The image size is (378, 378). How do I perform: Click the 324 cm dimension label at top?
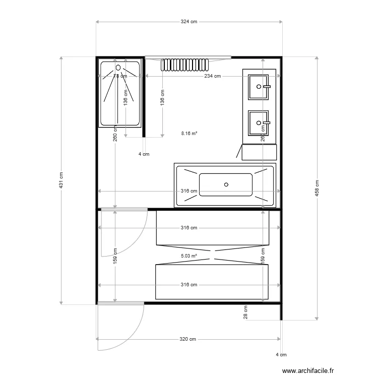point(189,22)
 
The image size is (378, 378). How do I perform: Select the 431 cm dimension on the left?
point(61,181)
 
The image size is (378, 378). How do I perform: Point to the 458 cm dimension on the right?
point(317,188)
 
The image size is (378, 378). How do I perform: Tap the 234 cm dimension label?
point(212,76)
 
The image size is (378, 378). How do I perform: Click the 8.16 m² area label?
point(189,134)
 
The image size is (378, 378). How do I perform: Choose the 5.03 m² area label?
point(188,256)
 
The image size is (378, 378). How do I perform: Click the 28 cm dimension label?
point(246,312)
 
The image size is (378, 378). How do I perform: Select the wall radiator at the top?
point(184,65)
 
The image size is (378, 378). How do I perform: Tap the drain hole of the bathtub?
point(226,184)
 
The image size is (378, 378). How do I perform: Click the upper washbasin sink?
point(259,86)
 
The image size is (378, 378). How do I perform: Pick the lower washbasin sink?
point(259,122)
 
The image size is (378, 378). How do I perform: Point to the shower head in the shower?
point(118,67)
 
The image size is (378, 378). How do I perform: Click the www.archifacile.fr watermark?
point(308,369)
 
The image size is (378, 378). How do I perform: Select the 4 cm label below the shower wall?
point(144,154)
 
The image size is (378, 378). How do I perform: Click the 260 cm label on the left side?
point(115,135)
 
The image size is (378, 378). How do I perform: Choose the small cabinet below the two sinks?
point(259,152)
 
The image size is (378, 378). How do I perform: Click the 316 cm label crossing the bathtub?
point(189,192)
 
